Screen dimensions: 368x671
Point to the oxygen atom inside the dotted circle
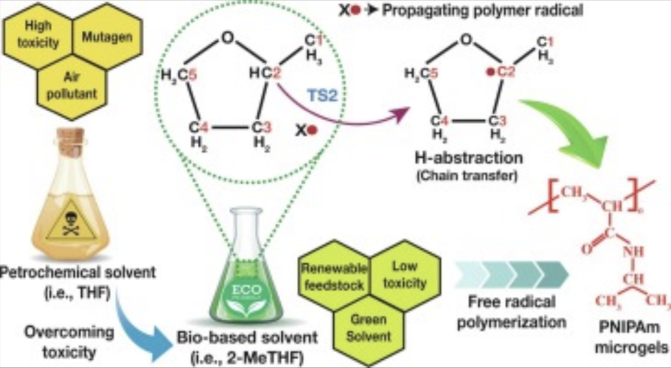[x=228, y=40]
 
